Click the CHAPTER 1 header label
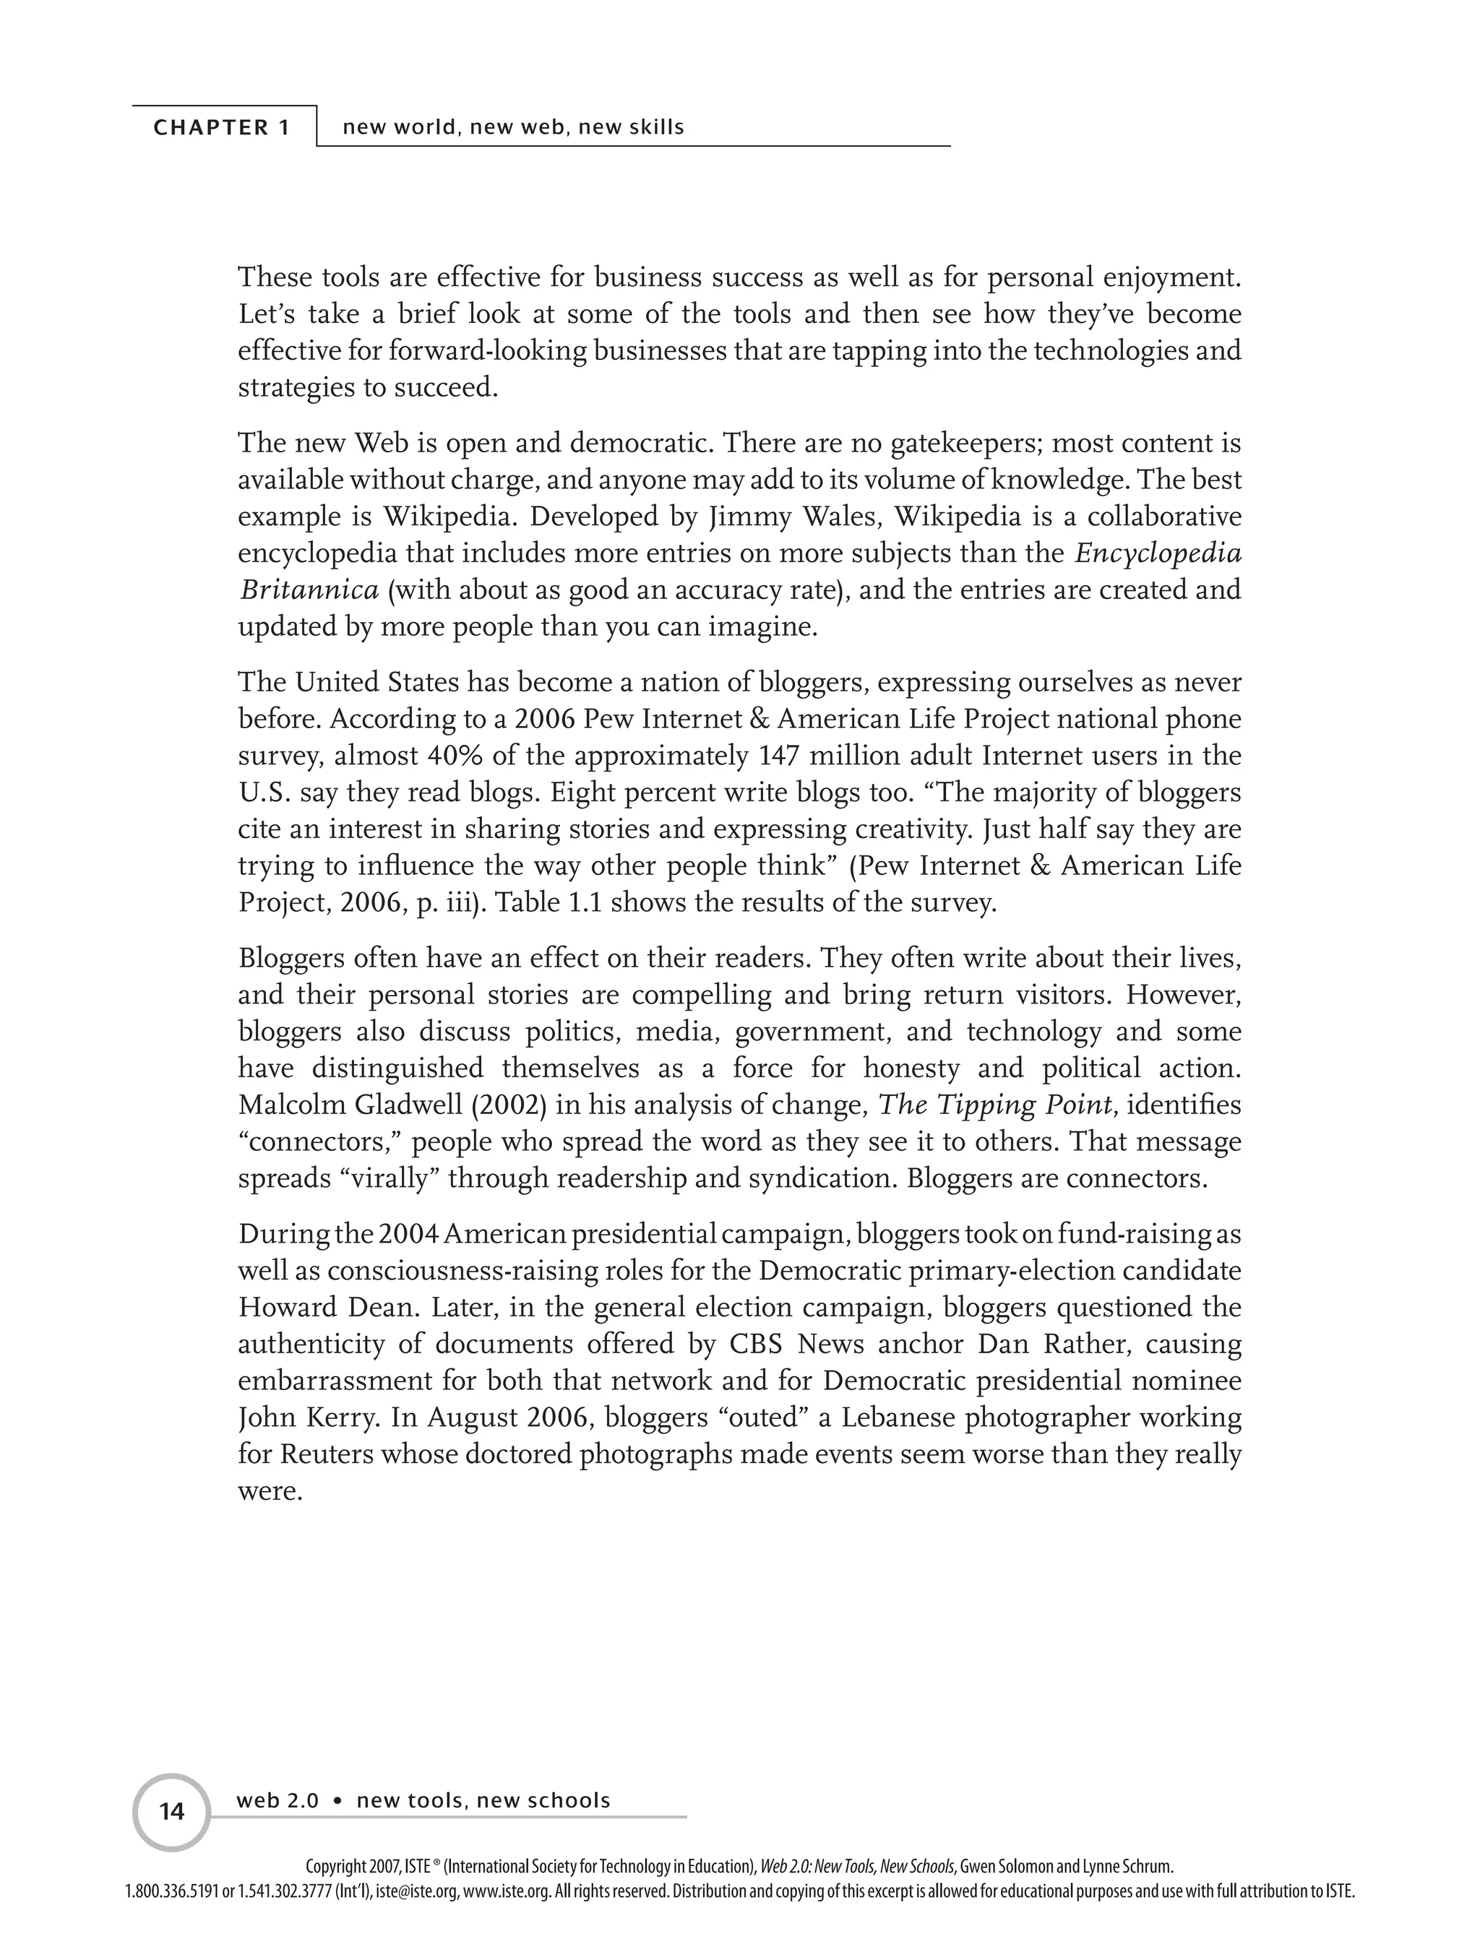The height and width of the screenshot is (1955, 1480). pyautogui.click(x=222, y=127)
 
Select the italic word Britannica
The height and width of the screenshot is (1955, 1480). pyautogui.click(x=309, y=590)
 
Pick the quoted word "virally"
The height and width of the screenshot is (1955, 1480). pyautogui.click(x=389, y=1179)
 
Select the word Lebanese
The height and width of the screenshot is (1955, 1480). pyautogui.click(x=898, y=1417)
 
